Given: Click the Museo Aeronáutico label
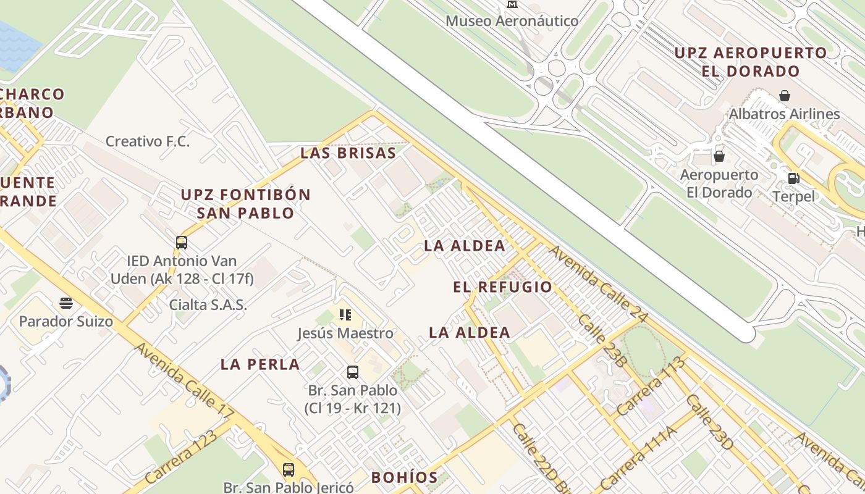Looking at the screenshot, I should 512,21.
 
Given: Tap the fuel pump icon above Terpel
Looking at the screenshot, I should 794,178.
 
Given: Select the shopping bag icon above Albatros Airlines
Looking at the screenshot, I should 784,96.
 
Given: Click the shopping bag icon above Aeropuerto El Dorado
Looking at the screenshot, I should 719,156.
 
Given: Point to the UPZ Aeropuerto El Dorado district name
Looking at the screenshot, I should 750,62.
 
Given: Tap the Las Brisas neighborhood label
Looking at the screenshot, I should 348,154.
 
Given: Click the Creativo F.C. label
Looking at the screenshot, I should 148,141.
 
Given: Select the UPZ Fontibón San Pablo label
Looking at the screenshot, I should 245,204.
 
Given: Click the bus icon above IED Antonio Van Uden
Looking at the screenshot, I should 182,242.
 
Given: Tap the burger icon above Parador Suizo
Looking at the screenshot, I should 66,303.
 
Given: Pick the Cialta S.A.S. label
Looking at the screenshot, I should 208,304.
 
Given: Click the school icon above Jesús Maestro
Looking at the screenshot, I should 345,315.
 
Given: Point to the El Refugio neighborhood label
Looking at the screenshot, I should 502,287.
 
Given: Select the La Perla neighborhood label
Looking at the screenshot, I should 260,364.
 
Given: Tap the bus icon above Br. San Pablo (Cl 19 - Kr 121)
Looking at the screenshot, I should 352,372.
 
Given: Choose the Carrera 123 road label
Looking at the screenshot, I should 180,456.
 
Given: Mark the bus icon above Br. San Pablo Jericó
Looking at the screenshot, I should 289,469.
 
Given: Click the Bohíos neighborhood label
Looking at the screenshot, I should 404,477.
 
